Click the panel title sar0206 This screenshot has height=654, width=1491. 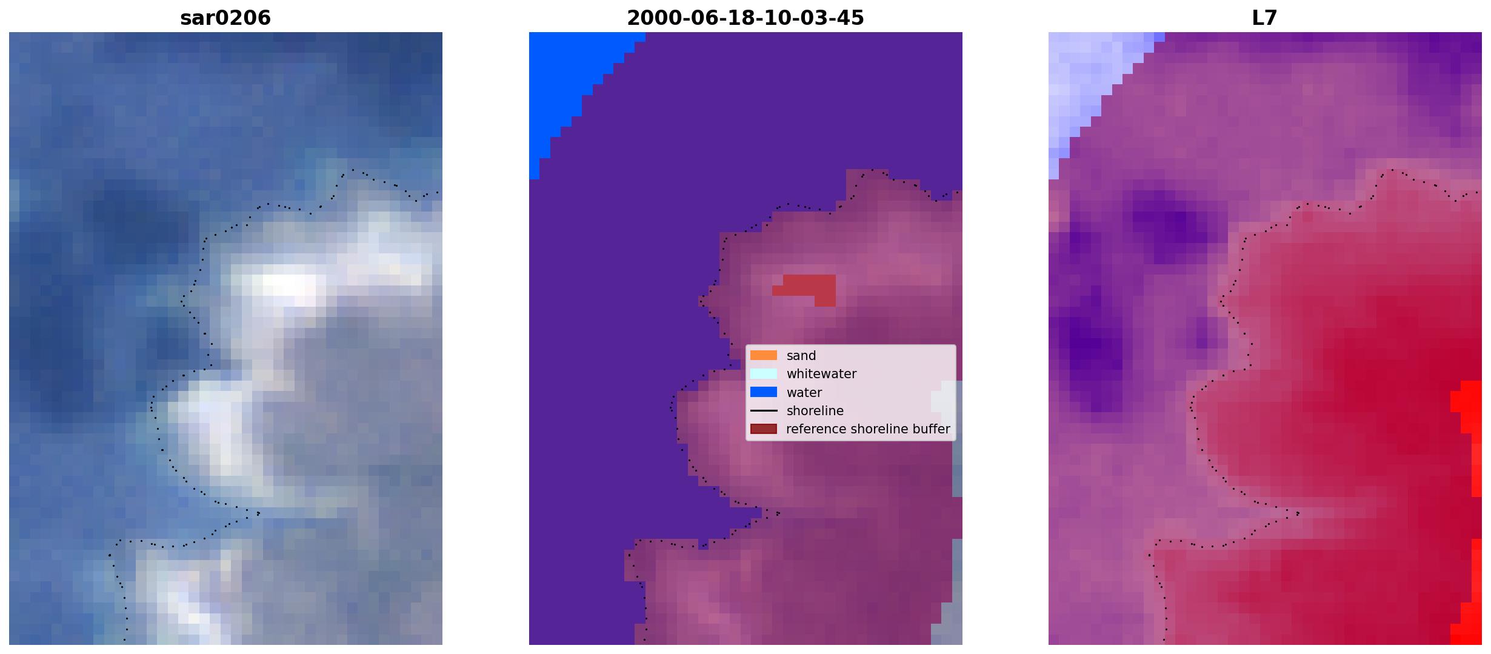pyautogui.click(x=225, y=18)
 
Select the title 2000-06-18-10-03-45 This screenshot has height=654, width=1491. pyautogui.click(x=745, y=18)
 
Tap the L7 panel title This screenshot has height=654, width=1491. pyautogui.click(x=1264, y=18)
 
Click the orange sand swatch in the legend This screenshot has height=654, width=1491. pyautogui.click(x=763, y=355)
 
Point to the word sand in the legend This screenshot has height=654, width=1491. pyautogui.click(x=801, y=356)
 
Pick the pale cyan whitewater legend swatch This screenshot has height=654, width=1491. pyautogui.click(x=763, y=373)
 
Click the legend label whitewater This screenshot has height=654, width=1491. pyautogui.click(x=821, y=374)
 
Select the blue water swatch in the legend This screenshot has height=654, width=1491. pyautogui.click(x=763, y=392)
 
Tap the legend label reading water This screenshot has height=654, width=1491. pyautogui.click(x=804, y=393)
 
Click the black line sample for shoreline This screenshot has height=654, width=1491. pyautogui.click(x=763, y=410)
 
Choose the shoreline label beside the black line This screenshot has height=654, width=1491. pyautogui.click(x=815, y=411)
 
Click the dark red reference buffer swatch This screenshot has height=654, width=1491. pyautogui.click(x=763, y=429)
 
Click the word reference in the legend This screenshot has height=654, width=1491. pyautogui.click(x=815, y=429)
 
